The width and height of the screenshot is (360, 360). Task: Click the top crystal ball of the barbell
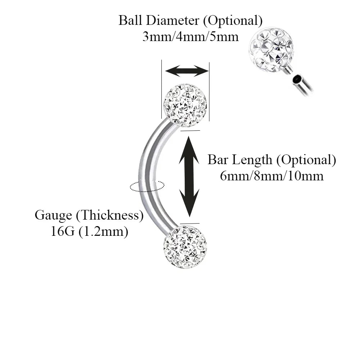click(185, 105)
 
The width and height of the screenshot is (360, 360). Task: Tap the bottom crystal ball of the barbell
click(185, 247)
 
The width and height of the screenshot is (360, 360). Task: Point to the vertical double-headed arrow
click(189, 176)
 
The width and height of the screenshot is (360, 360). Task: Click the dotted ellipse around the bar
click(147, 186)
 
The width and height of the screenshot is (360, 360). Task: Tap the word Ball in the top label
click(130, 21)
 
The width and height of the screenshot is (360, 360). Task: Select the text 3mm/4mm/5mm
click(190, 37)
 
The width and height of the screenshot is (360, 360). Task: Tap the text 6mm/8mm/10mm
click(272, 176)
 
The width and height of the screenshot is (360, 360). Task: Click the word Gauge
click(53, 216)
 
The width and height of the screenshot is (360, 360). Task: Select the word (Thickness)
click(110, 216)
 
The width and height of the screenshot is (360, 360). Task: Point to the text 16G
click(62, 231)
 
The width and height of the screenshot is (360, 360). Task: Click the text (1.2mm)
click(103, 231)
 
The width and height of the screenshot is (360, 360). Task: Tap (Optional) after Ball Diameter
click(233, 21)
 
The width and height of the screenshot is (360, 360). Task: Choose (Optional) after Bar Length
click(306, 160)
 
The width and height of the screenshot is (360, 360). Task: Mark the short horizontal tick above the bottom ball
click(190, 223)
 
